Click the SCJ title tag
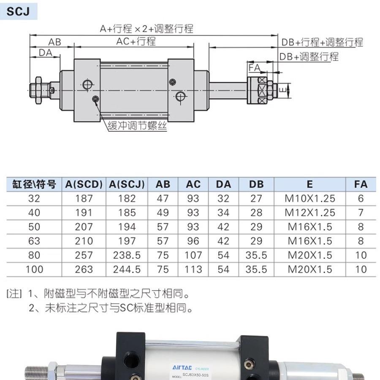pyautogui.click(x=18, y=11)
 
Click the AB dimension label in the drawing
pyautogui.click(x=54, y=42)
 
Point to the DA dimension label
pyautogui.click(x=45, y=52)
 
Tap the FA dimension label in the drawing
pyautogui.click(x=254, y=67)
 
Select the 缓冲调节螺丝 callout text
pyautogui.click(x=137, y=125)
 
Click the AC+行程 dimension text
pyautogui.click(x=136, y=41)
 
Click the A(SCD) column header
pyautogui.click(x=84, y=185)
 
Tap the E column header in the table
pyautogui.click(x=309, y=185)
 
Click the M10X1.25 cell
pyautogui.click(x=309, y=198)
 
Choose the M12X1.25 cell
pyautogui.click(x=309, y=212)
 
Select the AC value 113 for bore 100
pyautogui.click(x=193, y=269)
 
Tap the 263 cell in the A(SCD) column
pyautogui.click(x=84, y=269)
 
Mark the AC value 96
pyautogui.click(x=193, y=241)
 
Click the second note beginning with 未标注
pyautogui.click(x=112, y=308)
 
